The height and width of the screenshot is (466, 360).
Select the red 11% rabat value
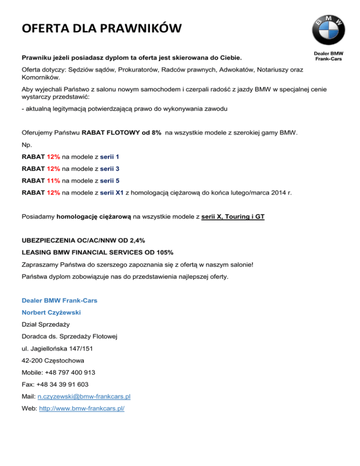(x=53, y=180)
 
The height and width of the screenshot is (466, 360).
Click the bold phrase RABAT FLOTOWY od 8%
(x=122, y=133)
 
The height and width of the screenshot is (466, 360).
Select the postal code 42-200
(x=31, y=361)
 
